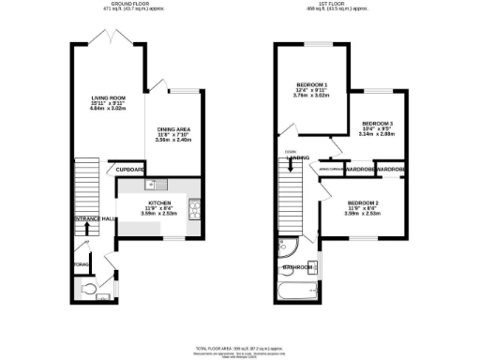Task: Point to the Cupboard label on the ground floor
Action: click(130, 170)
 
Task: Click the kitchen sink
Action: click(159, 184)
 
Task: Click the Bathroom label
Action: click(299, 268)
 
